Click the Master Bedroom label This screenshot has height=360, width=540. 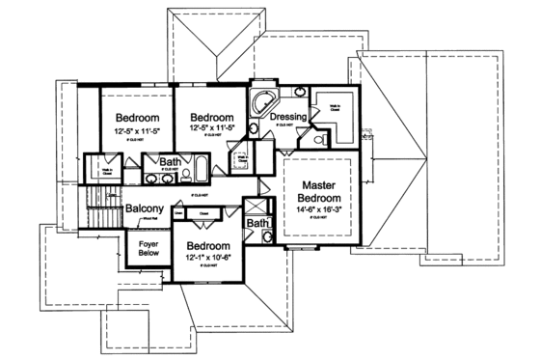[x=317, y=192]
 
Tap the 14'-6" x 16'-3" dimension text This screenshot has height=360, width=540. [x=317, y=208]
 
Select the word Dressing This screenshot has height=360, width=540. [x=288, y=118]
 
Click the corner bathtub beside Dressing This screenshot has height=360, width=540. [x=261, y=104]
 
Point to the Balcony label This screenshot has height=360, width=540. [x=143, y=208]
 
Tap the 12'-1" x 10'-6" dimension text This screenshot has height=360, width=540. [x=210, y=259]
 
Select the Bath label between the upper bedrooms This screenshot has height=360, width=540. [x=171, y=161]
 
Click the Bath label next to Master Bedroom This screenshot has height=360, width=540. [x=257, y=224]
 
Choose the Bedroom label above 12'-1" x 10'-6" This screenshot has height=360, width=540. [x=210, y=246]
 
